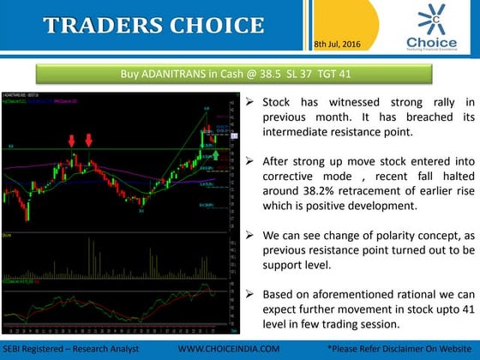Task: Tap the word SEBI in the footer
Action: point(15,350)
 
